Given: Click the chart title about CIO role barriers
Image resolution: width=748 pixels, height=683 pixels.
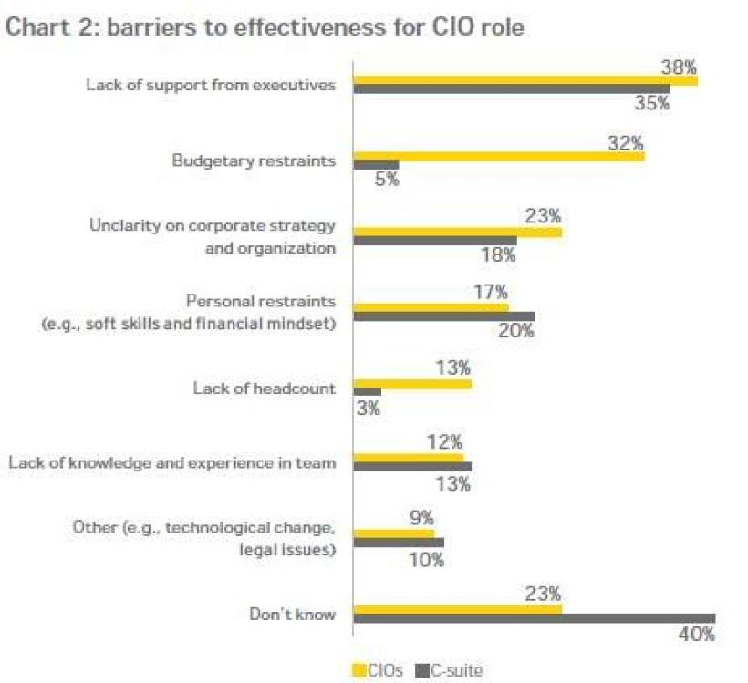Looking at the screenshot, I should pos(264,28).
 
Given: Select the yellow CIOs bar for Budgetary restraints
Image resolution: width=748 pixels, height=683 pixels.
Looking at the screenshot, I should pos(498,156).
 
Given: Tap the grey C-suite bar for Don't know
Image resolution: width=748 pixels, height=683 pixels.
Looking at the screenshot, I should pos(534,618).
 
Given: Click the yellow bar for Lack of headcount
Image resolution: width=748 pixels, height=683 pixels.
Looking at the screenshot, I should pos(411,384).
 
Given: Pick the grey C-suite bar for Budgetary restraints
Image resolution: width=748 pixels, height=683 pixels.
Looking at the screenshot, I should pos(376,165).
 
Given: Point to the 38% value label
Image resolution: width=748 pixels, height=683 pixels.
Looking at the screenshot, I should pos(679,67).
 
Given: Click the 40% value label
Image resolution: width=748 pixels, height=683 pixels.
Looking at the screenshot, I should pos(696,635).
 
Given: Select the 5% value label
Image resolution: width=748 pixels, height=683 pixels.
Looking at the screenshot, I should pos(387,180).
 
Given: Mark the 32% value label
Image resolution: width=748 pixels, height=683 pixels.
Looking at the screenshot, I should pos(625,142).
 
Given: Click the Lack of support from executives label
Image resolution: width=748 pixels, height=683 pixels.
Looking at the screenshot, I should pos(211,85).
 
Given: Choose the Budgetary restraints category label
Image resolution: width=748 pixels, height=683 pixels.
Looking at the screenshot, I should pos(254,160).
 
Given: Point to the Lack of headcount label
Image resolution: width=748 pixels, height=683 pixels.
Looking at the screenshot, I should pos(264,388).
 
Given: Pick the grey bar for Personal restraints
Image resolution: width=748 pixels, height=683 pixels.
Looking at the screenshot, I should pos(443,316).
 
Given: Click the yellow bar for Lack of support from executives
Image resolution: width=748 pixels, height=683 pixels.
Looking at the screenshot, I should pos(525,80).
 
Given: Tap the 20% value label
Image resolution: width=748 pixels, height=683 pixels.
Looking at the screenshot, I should pos(515,331).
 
